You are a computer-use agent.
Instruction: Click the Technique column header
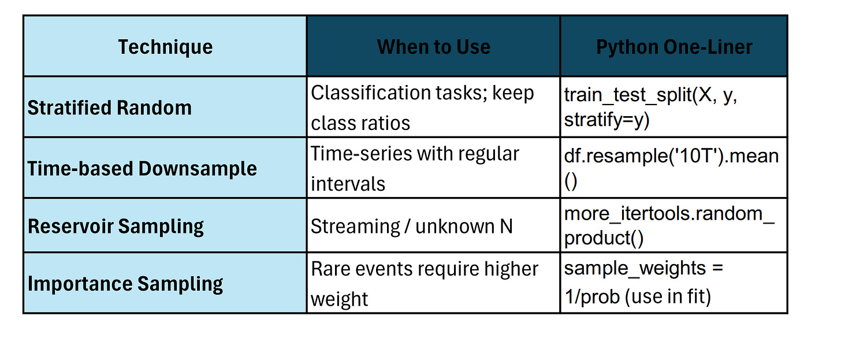(x=165, y=47)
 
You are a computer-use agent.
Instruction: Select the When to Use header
(x=433, y=47)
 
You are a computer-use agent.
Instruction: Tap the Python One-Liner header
(x=674, y=47)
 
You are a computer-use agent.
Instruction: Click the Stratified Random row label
(x=110, y=108)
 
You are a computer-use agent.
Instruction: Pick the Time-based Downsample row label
(x=142, y=169)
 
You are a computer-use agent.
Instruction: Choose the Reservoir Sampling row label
(x=116, y=226)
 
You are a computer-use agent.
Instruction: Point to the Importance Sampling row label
(x=125, y=284)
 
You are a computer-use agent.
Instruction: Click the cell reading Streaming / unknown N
(x=412, y=226)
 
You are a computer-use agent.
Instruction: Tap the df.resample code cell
(x=671, y=168)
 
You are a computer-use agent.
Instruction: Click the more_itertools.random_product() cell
(x=669, y=226)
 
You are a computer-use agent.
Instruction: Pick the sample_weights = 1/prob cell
(x=643, y=283)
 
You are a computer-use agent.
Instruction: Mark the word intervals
(x=348, y=184)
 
